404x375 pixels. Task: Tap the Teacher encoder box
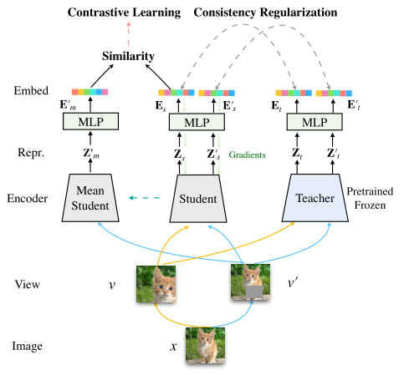coord(315,198)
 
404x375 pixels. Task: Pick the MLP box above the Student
coord(197,121)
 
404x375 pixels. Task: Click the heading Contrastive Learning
coord(124,13)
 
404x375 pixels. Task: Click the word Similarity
coord(129,56)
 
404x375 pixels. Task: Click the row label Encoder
coord(26,198)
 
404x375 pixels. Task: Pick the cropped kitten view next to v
coord(156,282)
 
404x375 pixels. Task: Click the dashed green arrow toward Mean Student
coord(145,198)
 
